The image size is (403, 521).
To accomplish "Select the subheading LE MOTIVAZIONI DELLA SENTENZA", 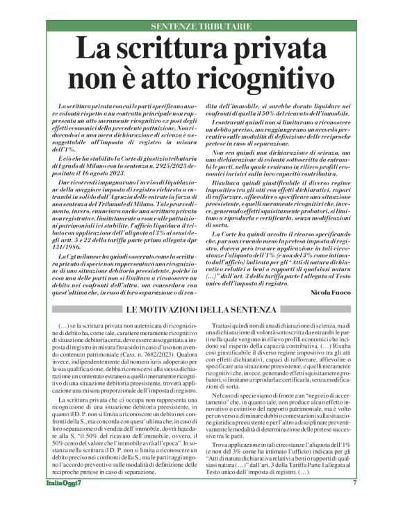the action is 202,308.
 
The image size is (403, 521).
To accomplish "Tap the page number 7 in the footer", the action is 354,502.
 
